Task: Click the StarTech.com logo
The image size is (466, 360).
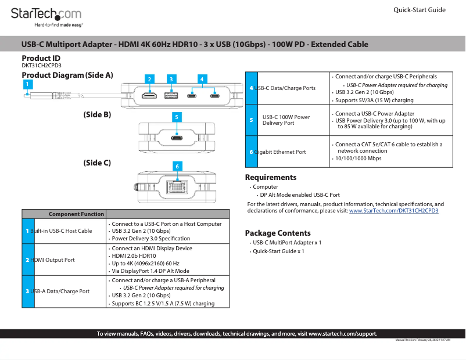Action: point(46,14)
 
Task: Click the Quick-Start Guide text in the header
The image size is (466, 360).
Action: point(420,10)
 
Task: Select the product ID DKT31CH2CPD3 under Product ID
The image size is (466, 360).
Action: point(41,66)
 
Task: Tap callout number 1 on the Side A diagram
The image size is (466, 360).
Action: point(27,84)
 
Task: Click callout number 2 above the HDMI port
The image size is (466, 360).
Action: point(149,79)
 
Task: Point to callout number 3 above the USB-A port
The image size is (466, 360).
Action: point(171,79)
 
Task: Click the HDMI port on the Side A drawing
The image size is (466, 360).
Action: point(150,95)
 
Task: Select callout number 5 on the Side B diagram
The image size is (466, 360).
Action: point(176,117)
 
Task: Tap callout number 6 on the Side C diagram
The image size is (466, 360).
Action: point(177,166)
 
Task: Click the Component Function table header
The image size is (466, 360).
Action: point(76,214)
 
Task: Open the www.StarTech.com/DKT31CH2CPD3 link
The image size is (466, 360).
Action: point(393,211)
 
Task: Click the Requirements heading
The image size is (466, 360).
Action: point(271,178)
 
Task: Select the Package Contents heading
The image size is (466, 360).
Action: point(278,233)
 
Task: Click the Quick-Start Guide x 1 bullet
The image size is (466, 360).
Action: point(278,251)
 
